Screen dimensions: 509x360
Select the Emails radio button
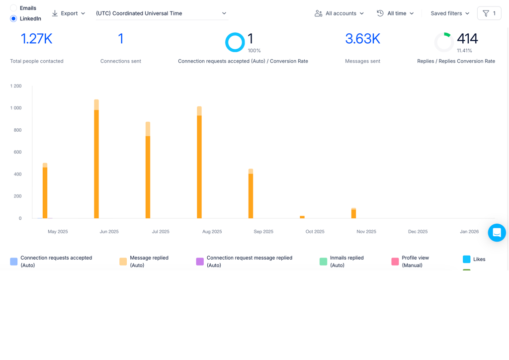13,8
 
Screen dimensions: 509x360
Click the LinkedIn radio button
13,18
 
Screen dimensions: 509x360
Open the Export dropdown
69,13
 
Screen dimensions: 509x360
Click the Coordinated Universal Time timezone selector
162,13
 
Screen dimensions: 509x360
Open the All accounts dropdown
339,13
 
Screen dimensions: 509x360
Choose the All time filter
395,13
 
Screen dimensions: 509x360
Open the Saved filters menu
450,13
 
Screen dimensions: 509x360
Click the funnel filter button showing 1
489,13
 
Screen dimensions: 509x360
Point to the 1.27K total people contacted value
36,39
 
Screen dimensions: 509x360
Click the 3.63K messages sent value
362,39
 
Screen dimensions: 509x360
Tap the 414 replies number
467,39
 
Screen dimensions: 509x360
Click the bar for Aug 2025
199,162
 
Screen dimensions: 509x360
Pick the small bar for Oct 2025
302,217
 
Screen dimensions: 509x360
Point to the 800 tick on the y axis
16,130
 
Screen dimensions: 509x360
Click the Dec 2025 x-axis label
418,231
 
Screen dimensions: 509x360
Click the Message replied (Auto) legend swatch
123,262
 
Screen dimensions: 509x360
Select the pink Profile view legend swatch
395,262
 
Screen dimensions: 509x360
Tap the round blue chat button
497,233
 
